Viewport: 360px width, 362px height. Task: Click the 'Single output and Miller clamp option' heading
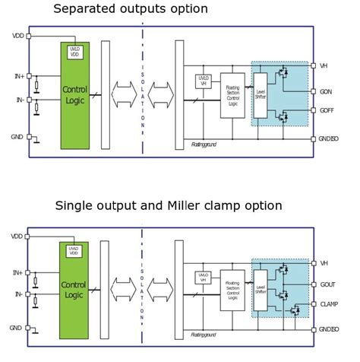click(169, 205)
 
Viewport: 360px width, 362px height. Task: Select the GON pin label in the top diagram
click(327, 92)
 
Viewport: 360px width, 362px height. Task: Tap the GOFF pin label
click(328, 110)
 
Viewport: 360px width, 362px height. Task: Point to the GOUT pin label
click(328, 284)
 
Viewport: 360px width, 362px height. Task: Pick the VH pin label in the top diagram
click(324, 65)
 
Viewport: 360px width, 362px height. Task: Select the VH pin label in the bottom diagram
click(324, 263)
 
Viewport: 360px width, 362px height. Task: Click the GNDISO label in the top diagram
click(330, 139)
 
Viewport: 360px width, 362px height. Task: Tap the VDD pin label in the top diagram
click(17, 36)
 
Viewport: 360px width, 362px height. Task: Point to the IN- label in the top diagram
click(18, 99)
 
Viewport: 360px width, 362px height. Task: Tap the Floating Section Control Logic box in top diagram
click(232, 95)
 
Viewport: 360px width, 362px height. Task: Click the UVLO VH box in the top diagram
click(203, 80)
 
